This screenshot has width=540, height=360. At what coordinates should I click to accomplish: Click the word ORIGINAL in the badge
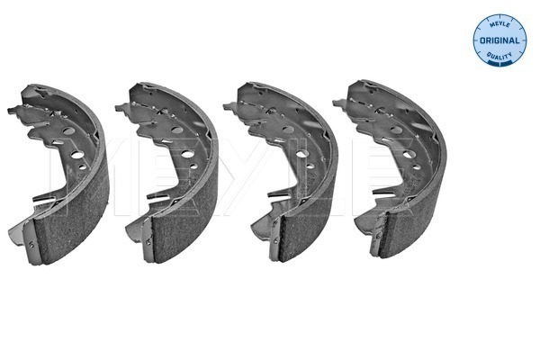click(x=499, y=40)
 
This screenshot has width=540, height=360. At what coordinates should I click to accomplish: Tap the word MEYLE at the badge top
click(x=499, y=23)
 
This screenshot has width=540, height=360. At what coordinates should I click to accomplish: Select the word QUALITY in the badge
click(x=499, y=55)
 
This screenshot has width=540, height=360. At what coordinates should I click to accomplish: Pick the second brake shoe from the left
click(x=169, y=172)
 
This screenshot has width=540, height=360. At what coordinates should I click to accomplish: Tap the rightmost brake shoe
click(x=392, y=169)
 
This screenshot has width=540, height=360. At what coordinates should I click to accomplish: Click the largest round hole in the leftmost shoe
click(x=77, y=155)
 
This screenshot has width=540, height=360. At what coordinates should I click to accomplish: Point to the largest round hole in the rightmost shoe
click(x=408, y=154)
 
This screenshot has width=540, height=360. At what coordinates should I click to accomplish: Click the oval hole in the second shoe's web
click(x=177, y=130)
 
